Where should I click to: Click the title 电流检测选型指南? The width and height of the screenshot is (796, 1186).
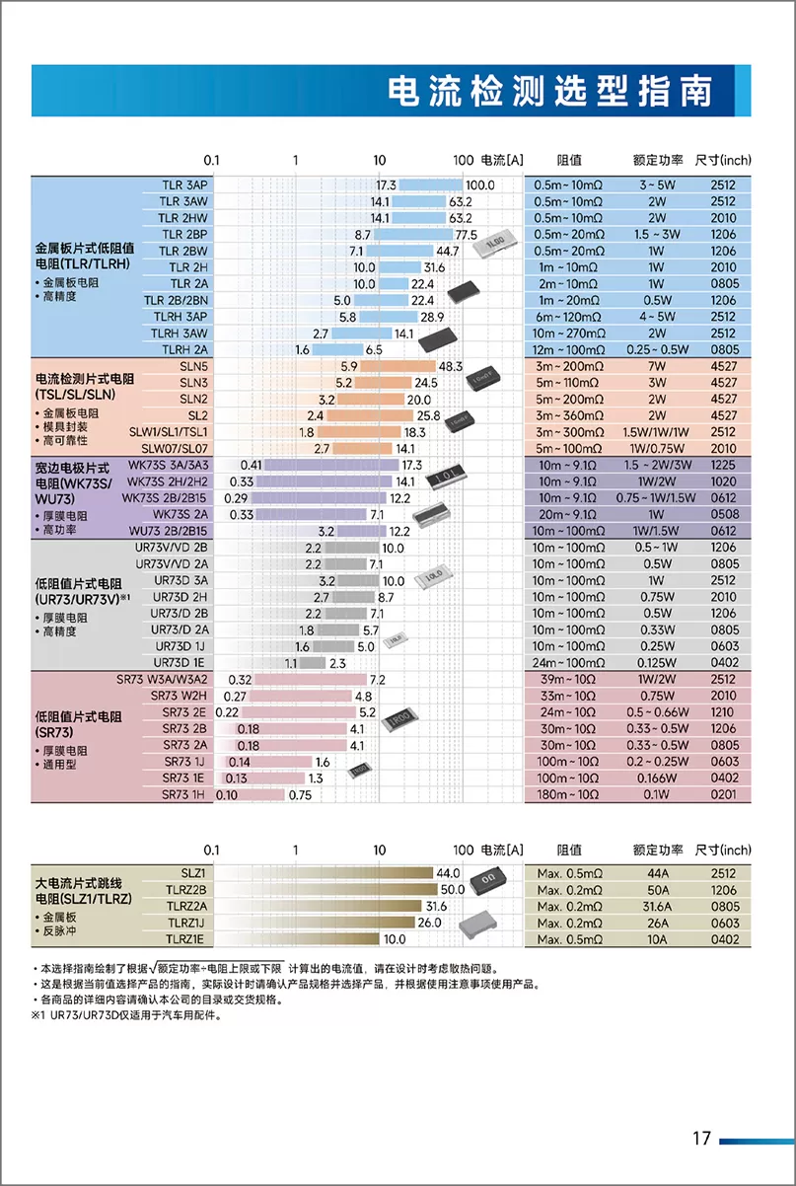click(x=549, y=91)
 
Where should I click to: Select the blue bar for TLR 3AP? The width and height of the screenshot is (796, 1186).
click(x=430, y=185)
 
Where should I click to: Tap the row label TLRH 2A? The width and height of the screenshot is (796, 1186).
click(x=184, y=349)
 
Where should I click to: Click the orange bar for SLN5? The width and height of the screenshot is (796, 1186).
click(x=398, y=366)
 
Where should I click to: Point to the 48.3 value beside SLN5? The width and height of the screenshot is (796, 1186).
click(x=451, y=366)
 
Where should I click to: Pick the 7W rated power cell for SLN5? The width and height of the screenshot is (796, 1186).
click(x=657, y=366)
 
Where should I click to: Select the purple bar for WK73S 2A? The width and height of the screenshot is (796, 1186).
click(x=311, y=515)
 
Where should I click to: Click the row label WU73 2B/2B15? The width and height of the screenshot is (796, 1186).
click(x=169, y=531)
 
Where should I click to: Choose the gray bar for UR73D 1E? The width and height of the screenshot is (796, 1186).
click(x=313, y=663)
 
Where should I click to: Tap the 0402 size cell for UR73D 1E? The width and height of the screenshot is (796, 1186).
click(x=724, y=662)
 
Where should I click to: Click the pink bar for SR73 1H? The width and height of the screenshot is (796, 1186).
click(x=250, y=794)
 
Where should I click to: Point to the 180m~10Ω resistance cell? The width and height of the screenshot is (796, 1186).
click(x=567, y=794)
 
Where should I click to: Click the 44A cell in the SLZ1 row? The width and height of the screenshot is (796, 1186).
click(x=658, y=873)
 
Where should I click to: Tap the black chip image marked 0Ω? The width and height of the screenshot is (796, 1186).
click(x=487, y=880)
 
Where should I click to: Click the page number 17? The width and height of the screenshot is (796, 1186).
click(x=701, y=1138)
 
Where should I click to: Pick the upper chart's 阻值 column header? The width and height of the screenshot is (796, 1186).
click(x=569, y=160)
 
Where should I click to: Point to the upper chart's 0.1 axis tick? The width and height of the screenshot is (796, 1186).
click(x=211, y=160)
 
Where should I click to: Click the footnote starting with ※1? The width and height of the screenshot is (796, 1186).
click(x=127, y=1015)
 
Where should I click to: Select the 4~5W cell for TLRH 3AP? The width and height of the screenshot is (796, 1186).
click(x=657, y=317)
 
